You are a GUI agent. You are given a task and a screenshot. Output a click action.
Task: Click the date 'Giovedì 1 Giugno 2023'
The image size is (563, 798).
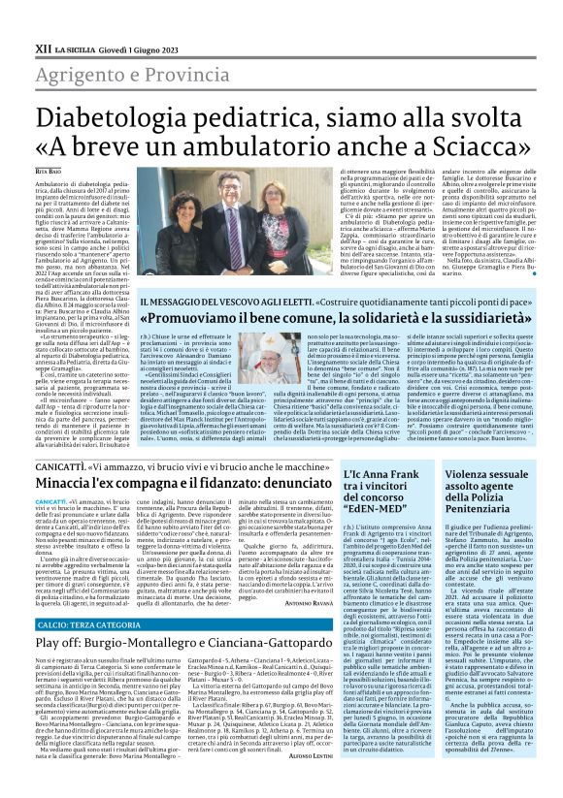[x=139, y=47]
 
